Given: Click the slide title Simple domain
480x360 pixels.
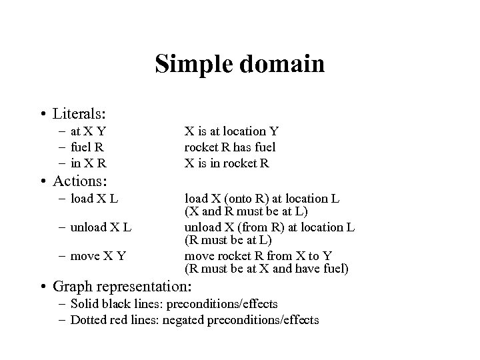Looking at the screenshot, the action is coord(239,65).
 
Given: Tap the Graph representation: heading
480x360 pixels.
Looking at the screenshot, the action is coord(122,288).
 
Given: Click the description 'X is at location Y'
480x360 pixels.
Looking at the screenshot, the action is coord(231,132).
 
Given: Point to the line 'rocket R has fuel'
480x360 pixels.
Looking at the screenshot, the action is coord(229,147).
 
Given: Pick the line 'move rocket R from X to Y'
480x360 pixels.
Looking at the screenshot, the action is coord(258,256).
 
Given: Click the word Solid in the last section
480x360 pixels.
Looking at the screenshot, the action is coord(85,304).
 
